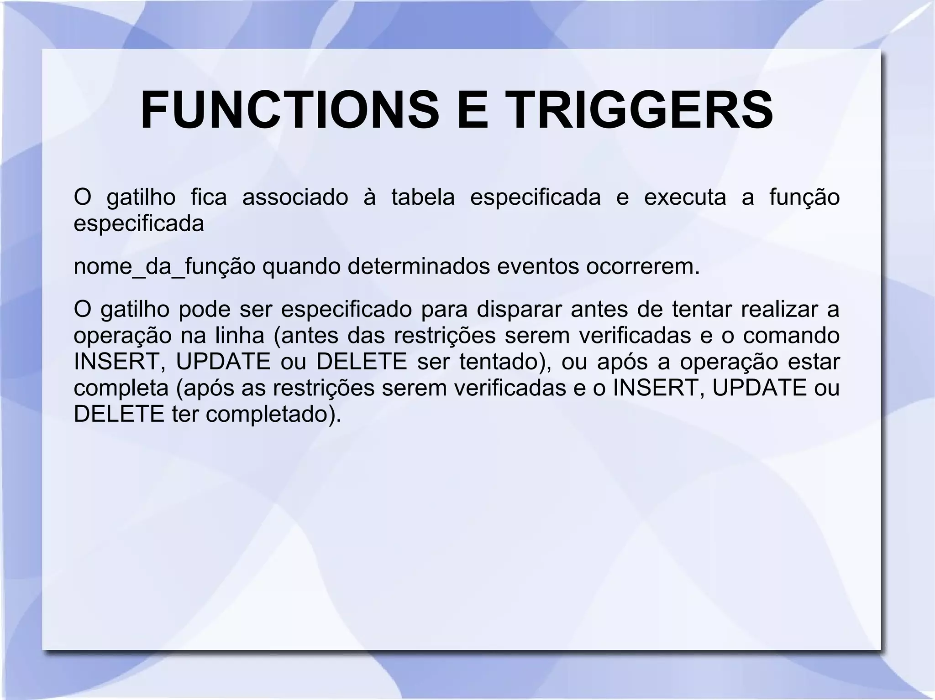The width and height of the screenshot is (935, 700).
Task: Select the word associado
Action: click(295, 198)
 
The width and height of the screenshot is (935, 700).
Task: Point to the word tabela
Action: click(423, 198)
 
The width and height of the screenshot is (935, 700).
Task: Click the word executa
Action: click(684, 198)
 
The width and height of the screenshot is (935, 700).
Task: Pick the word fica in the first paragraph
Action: click(209, 198)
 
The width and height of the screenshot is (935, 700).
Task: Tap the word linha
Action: click(240, 336)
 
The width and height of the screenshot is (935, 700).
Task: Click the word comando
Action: click(791, 336)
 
